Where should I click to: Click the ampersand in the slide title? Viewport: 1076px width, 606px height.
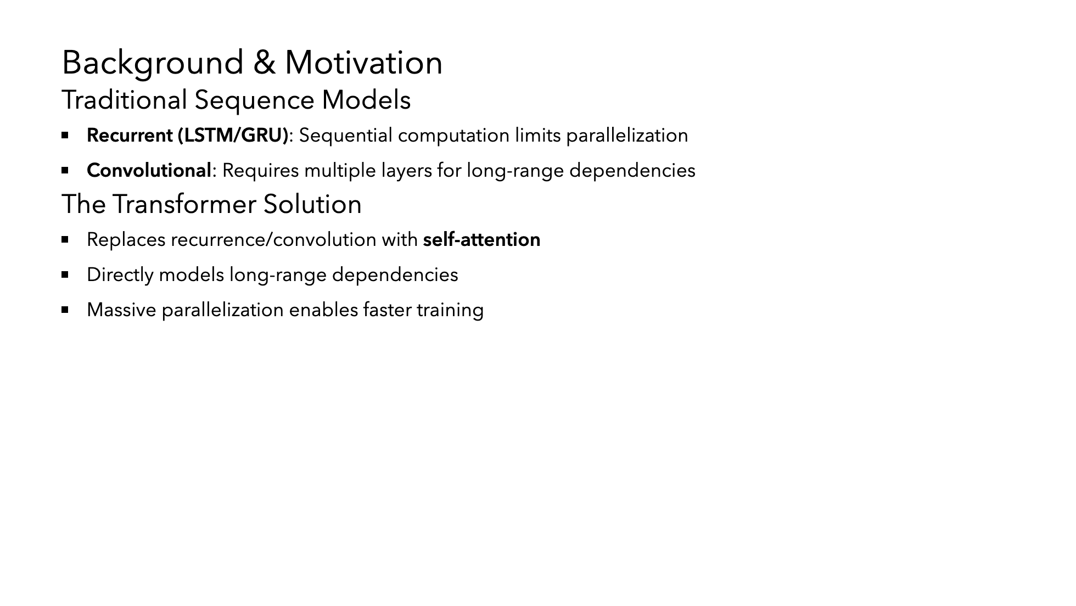click(x=264, y=63)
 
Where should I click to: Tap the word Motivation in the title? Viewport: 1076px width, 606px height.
click(x=363, y=62)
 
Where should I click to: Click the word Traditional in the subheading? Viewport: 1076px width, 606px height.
click(x=125, y=100)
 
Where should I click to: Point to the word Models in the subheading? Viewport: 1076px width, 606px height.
click(x=366, y=100)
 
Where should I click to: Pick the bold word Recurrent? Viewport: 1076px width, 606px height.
click(x=130, y=135)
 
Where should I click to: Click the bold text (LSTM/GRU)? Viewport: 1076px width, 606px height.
click(x=233, y=136)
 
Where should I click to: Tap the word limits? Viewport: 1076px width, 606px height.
click(x=537, y=136)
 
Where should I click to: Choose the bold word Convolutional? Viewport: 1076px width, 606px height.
click(x=149, y=170)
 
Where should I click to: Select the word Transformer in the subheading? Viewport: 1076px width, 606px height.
click(x=184, y=204)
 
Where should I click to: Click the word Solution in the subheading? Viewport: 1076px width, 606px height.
click(x=312, y=204)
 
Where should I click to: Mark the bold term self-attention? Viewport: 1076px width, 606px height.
click(x=481, y=240)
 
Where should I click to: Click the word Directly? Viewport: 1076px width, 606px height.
click(x=120, y=275)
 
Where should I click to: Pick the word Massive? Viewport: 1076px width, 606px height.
click(x=121, y=310)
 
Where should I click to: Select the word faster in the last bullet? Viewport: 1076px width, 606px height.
click(x=387, y=310)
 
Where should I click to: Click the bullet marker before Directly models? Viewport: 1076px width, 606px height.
click(x=65, y=274)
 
